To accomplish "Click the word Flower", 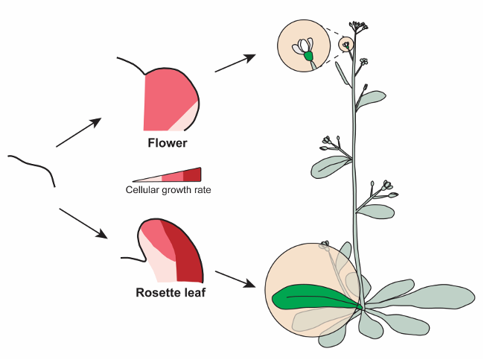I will [x=167, y=143].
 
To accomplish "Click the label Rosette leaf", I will [x=171, y=292].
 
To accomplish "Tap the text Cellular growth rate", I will [x=168, y=190].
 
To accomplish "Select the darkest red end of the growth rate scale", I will [x=193, y=174].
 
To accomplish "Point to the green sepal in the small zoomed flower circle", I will [x=308, y=56].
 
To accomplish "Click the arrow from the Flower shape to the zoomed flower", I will [x=235, y=63].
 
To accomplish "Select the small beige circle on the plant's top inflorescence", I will [x=346, y=44].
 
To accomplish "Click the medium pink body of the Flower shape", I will [x=168, y=97].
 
